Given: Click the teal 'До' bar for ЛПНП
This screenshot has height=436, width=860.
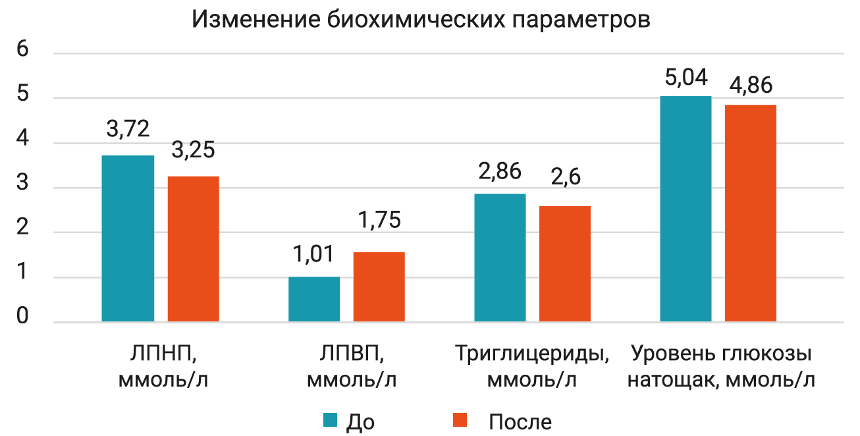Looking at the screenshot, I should [x=128, y=238].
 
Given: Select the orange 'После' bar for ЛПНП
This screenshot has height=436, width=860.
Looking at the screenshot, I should [x=193, y=249].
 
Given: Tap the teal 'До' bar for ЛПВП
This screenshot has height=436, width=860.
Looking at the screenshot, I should [x=314, y=299].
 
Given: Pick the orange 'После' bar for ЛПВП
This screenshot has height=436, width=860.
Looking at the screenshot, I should [x=379, y=287].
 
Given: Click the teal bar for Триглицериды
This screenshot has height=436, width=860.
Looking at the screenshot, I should [x=500, y=258].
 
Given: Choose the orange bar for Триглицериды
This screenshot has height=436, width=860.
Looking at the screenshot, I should [x=565, y=264].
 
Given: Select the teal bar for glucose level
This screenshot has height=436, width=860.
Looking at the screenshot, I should [x=686, y=209].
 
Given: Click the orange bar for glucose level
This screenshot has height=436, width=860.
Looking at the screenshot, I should [x=751, y=213].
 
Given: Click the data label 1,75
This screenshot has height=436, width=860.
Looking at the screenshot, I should [x=379, y=219].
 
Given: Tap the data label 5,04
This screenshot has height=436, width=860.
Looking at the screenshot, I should [x=686, y=78].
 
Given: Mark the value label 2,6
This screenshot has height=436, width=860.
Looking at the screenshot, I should [x=565, y=178].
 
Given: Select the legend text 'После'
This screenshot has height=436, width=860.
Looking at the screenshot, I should [x=520, y=422].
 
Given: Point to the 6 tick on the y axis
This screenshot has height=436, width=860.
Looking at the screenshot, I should [x=22, y=51].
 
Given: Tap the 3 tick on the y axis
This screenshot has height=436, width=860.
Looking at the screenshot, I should [x=22, y=184].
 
